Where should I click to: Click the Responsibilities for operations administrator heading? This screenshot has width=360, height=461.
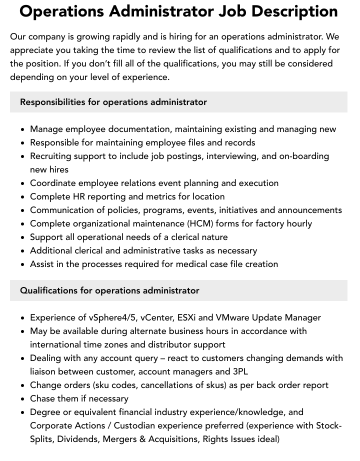point(113,102)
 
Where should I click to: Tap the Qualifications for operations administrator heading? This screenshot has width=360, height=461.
point(109,290)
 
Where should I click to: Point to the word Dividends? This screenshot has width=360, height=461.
point(81,439)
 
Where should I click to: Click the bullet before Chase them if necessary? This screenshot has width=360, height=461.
point(23,399)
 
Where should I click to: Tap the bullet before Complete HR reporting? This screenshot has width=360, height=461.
point(23,197)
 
